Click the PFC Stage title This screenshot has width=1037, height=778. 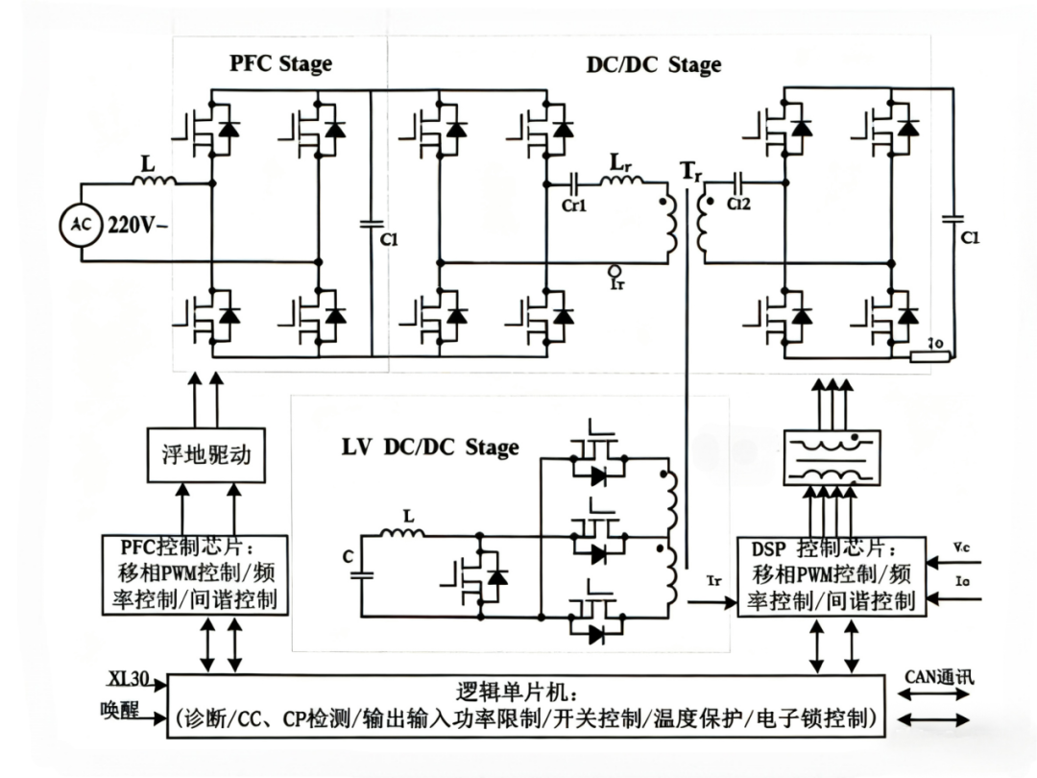[280, 64]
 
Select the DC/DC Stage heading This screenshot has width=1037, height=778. [653, 65]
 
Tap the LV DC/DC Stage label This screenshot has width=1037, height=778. [430, 447]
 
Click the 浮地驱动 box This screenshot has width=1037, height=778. [206, 453]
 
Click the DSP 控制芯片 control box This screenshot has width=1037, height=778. [832, 576]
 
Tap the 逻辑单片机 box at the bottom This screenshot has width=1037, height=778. [525, 706]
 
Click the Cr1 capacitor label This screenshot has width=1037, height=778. [572, 205]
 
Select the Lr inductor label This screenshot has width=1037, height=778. [620, 163]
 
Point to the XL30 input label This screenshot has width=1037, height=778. [127, 680]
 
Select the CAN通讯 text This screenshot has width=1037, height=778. [939, 677]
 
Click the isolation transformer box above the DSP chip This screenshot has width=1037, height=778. [832, 456]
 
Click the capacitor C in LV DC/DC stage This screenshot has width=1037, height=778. [362, 574]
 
